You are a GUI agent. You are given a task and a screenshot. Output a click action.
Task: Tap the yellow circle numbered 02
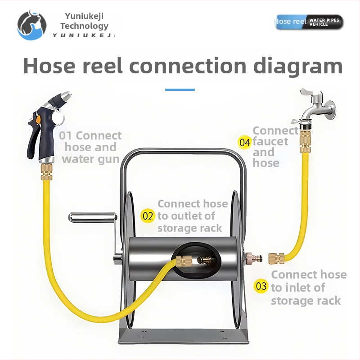[x=148, y=216]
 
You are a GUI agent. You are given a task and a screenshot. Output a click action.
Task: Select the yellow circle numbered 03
[x=261, y=286]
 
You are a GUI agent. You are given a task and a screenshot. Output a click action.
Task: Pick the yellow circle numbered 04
[x=245, y=143]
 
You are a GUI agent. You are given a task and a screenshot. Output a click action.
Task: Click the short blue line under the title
[x=180, y=90]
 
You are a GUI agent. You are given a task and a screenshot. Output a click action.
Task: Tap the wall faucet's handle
[x=310, y=95]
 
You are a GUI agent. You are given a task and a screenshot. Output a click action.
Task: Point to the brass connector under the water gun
[x=47, y=171]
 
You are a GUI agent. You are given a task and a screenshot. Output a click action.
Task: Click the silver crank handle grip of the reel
[x=88, y=218]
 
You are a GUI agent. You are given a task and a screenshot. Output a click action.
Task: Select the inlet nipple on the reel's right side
[x=249, y=259]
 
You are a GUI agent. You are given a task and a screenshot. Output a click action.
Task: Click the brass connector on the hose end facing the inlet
[x=275, y=259]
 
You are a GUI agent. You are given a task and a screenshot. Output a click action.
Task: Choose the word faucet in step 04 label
[x=270, y=141]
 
